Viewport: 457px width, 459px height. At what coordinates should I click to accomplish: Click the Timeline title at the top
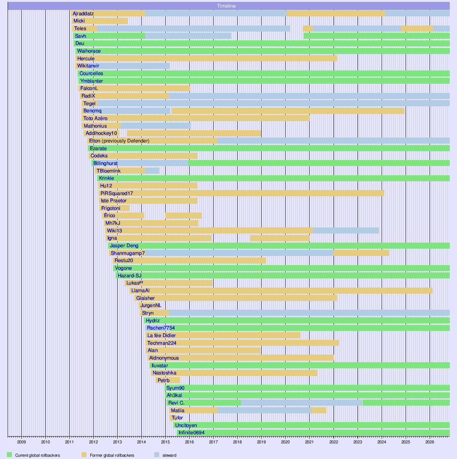pos(226,6)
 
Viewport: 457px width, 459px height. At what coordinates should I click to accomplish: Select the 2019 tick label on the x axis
pos(261,442)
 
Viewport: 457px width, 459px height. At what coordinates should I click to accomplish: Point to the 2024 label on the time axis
pos(382,442)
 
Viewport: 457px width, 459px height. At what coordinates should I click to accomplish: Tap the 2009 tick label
pos(21,442)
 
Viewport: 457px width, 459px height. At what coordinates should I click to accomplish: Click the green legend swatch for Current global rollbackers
pos(9,454)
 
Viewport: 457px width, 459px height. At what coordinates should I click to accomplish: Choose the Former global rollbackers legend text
pos(112,455)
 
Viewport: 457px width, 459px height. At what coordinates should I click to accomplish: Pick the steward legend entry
pos(169,455)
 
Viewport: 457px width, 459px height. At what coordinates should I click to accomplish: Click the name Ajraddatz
pos(83,14)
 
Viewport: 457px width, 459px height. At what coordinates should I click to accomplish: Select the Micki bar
pos(100,21)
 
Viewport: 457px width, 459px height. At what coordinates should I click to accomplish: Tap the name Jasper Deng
pos(124,246)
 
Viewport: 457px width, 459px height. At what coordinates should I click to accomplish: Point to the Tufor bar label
pos(177,417)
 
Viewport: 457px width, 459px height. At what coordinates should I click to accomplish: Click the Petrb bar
pos(168,381)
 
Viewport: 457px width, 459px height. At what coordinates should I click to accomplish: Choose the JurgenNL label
pos(151,305)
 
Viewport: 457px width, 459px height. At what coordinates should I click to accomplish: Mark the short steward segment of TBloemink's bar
pos(152,171)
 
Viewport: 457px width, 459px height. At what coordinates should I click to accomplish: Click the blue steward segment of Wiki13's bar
pos(346,230)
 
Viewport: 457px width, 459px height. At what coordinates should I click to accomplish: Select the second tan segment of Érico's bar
pos(184,216)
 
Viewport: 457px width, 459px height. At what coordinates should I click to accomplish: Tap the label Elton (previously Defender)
pos(119,141)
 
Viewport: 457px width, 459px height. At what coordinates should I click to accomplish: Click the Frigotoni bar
pos(115,208)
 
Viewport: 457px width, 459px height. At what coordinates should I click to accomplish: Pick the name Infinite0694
pos(192,433)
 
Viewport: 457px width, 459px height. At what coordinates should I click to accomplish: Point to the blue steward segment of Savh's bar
pos(188,36)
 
